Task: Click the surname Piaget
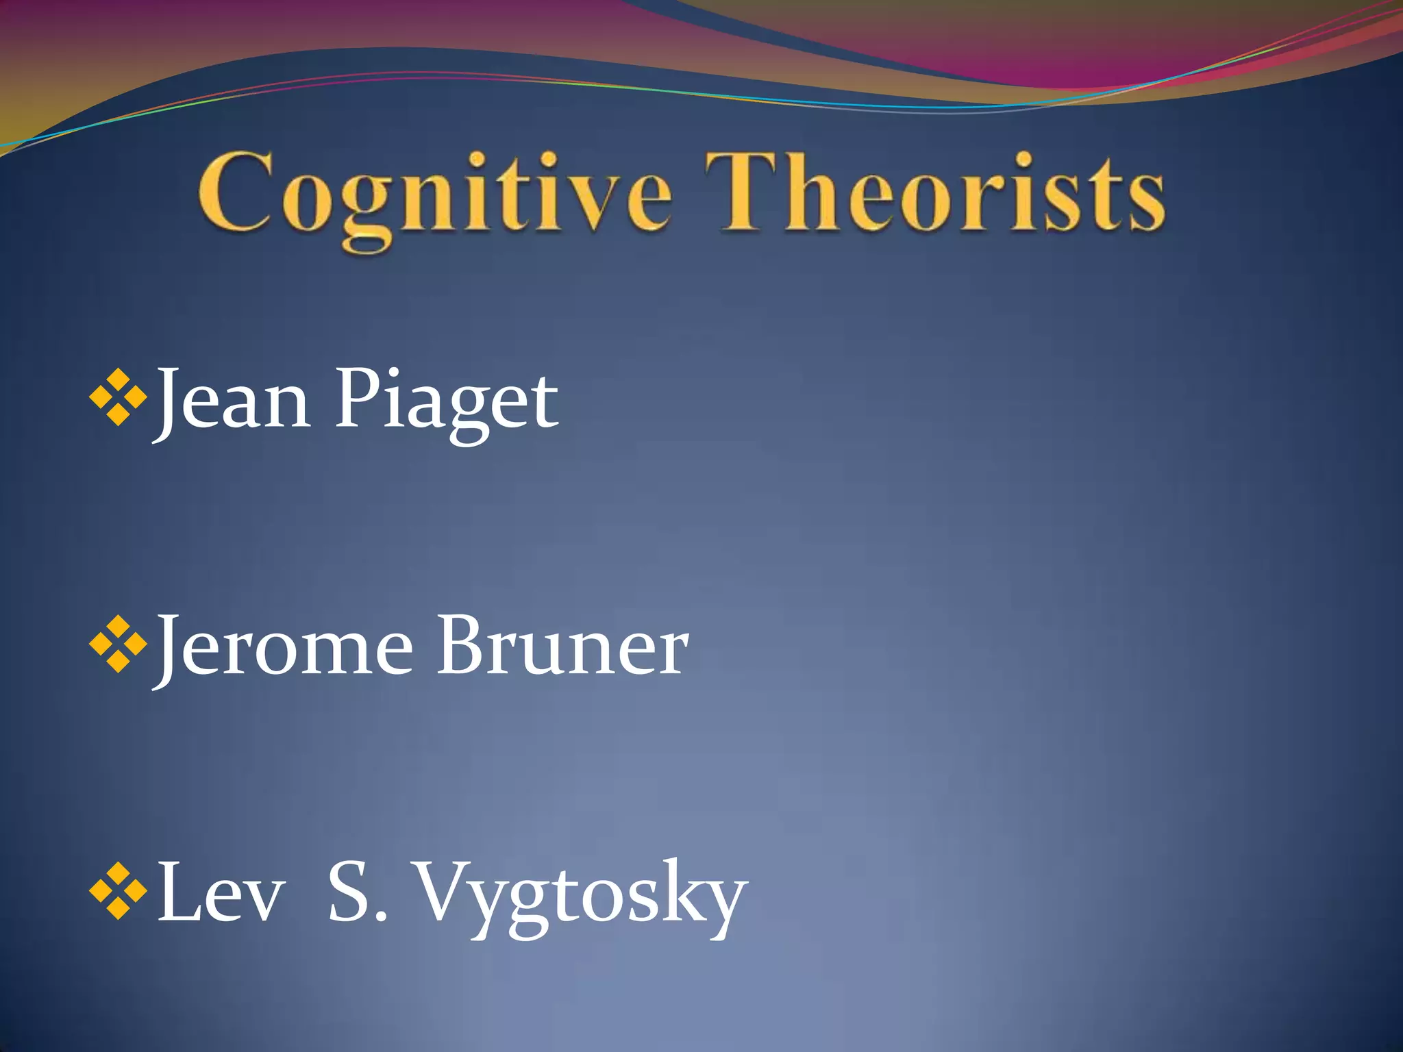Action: (x=446, y=403)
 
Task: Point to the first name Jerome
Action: (x=285, y=648)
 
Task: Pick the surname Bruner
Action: (x=562, y=647)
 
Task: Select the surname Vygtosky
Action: (x=582, y=897)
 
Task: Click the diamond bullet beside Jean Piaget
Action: (x=119, y=397)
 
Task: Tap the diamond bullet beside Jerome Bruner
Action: (x=119, y=644)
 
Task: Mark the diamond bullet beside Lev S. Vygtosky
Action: (x=119, y=890)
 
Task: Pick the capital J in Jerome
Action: (x=171, y=647)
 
